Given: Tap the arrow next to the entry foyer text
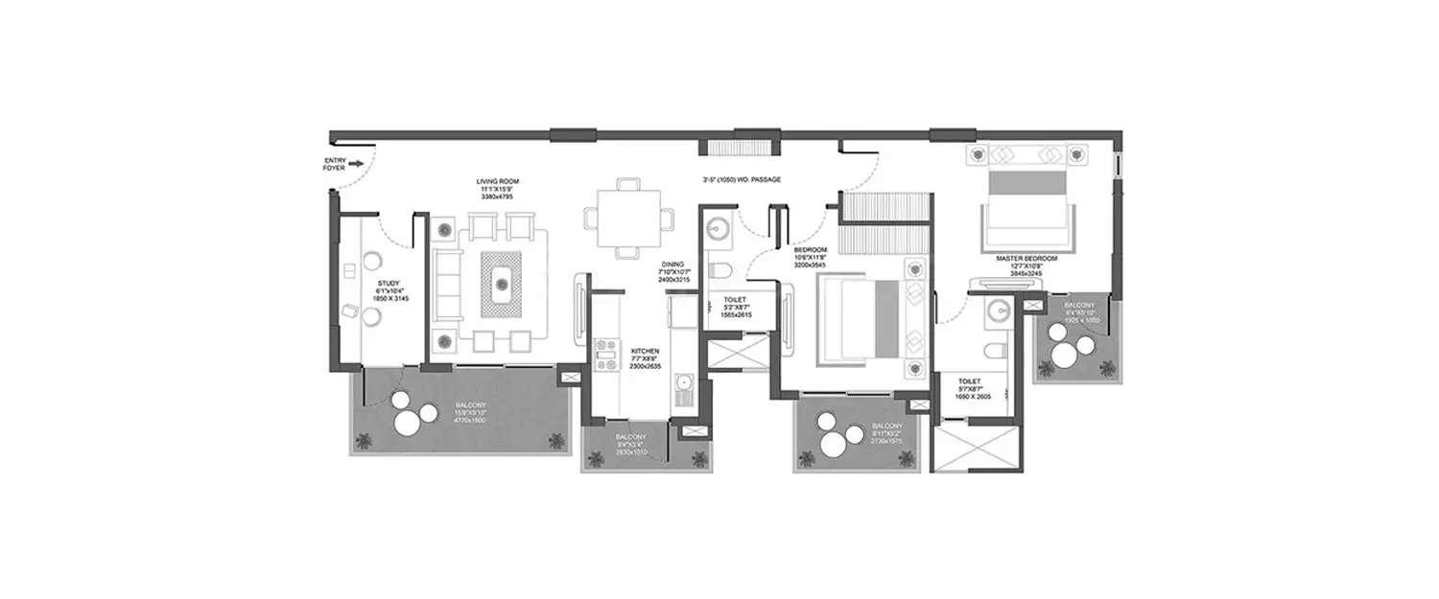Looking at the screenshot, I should pos(356,164).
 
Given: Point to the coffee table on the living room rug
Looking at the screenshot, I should pos(500,282).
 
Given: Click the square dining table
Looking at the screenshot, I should pos(627,218).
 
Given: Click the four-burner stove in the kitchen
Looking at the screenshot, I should pos(604,354).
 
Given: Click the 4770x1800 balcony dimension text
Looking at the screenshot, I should pos(471,420).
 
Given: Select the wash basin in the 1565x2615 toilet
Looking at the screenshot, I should pos(719,228).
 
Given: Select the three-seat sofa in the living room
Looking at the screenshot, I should pos(444,285).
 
